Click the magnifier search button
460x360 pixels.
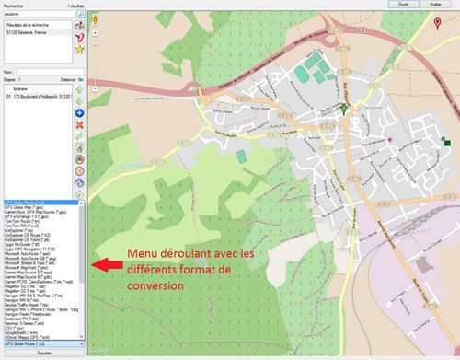(x=80, y=16)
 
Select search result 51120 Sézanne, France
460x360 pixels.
(x=31, y=35)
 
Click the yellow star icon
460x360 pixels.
(x=80, y=49)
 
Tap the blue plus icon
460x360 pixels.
(x=80, y=111)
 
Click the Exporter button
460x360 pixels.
(x=43, y=354)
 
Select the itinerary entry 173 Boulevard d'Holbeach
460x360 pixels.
(x=41, y=95)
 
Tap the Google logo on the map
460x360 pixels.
(x=98, y=350)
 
